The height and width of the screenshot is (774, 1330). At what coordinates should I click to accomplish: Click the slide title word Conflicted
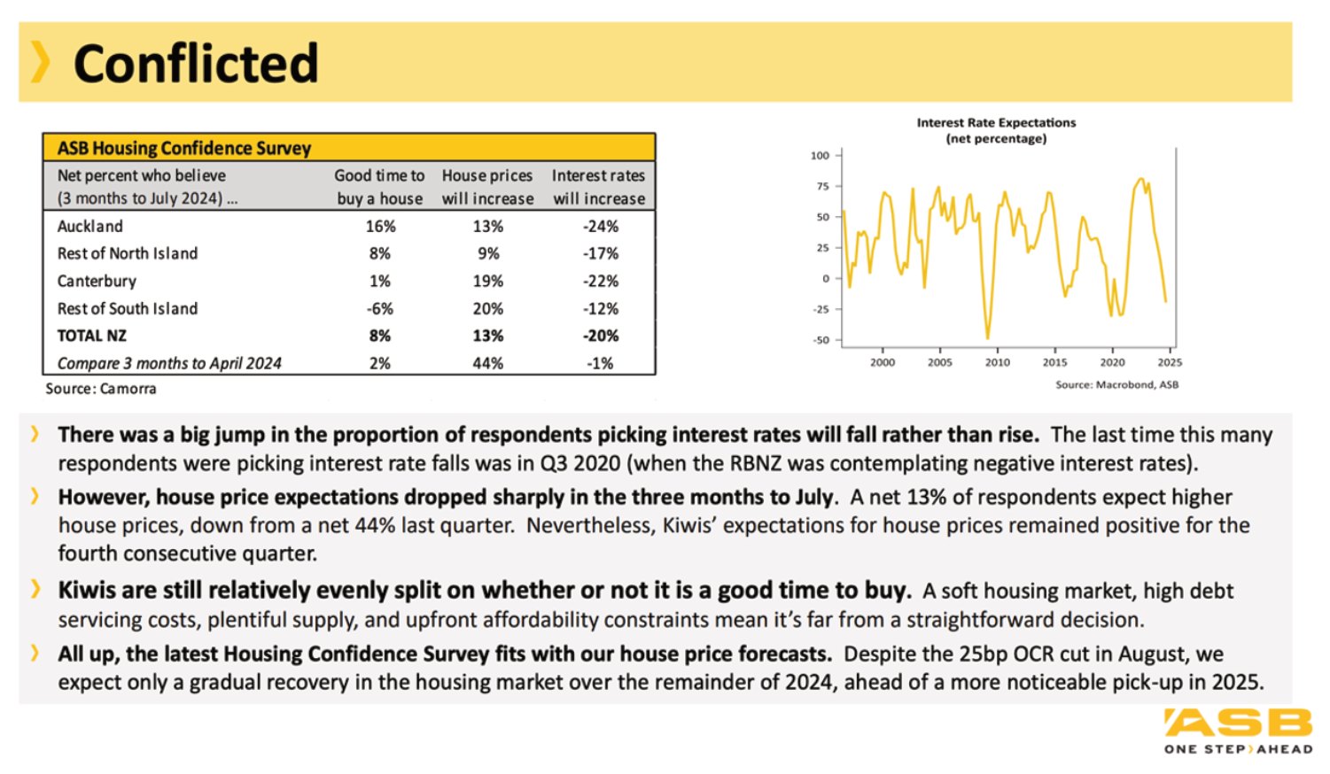[x=196, y=63]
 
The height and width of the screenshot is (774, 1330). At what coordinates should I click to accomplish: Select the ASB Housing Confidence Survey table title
[x=184, y=148]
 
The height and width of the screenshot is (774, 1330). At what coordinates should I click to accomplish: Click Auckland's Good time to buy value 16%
[x=380, y=226]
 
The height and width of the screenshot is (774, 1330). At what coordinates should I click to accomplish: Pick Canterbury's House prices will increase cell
[x=487, y=281]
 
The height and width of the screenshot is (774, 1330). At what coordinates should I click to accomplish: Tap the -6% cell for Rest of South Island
[x=380, y=309]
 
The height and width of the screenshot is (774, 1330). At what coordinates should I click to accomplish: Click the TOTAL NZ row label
[x=92, y=336]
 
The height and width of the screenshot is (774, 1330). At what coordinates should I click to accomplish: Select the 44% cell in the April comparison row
[x=487, y=363]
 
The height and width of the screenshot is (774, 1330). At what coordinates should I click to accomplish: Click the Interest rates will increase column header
[x=598, y=187]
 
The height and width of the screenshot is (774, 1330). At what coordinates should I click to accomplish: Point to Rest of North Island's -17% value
[x=600, y=253]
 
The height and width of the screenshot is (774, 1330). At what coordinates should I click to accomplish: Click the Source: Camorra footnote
[x=101, y=389]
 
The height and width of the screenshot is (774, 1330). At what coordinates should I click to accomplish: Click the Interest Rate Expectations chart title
[x=996, y=130]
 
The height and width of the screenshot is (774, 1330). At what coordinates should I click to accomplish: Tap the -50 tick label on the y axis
[x=821, y=340]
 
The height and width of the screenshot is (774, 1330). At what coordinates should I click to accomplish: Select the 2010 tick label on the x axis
[x=998, y=362]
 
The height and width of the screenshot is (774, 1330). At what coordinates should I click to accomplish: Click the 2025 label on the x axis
[x=1170, y=362]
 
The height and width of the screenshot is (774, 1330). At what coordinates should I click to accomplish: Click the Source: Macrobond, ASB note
[x=1116, y=384]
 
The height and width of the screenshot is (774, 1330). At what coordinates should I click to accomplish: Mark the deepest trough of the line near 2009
[x=988, y=337]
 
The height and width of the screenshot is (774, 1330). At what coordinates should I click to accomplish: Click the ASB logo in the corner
[x=1239, y=731]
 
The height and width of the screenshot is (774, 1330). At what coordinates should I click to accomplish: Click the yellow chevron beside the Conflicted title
[x=40, y=62]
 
